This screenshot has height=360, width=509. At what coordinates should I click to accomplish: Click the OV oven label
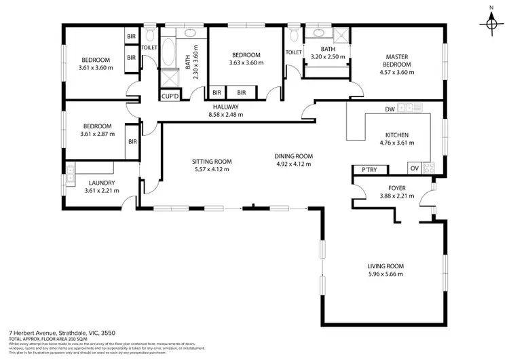[413, 168]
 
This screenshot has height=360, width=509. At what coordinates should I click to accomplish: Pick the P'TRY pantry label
[369, 170]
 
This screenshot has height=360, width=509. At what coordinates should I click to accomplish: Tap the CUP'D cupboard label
[169, 96]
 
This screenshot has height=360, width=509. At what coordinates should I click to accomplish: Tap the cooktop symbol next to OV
[428, 168]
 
